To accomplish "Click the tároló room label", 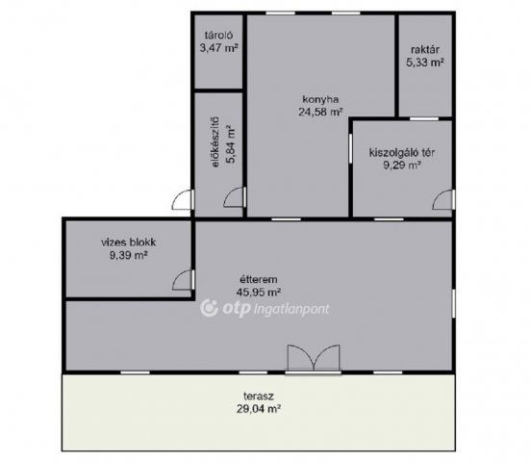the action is pyautogui.click(x=218, y=36).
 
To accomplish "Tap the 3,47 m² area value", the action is pyautogui.click(x=218, y=48).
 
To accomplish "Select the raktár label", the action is pyautogui.click(x=425, y=50).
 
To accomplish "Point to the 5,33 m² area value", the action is pyautogui.click(x=425, y=63).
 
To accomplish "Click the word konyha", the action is pyautogui.click(x=320, y=99).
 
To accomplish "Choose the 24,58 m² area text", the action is pyautogui.click(x=320, y=112).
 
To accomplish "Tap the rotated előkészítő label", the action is pyautogui.click(x=215, y=142).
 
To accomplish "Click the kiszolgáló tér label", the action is pyautogui.click(x=402, y=152).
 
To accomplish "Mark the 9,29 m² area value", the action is pyautogui.click(x=402, y=165).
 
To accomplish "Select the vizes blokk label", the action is pyautogui.click(x=129, y=243).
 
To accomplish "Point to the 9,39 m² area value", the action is pyautogui.click(x=129, y=255).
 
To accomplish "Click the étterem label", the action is pyautogui.click(x=259, y=280).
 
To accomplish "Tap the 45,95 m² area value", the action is pyautogui.click(x=259, y=292).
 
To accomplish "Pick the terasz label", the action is pyautogui.click(x=259, y=396).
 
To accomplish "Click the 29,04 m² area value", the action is pyautogui.click(x=259, y=409).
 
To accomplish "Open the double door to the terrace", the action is pyautogui.click(x=314, y=359).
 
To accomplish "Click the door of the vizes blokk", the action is pyautogui.click(x=184, y=280).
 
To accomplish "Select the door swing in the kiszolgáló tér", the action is pyautogui.click(x=443, y=199).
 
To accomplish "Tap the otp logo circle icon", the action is pyautogui.click(x=210, y=308).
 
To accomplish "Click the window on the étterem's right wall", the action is pyautogui.click(x=454, y=303).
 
